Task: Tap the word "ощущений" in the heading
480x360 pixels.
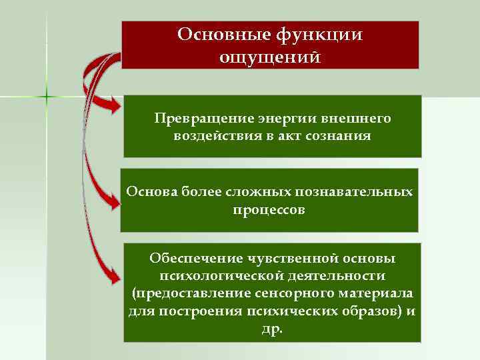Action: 269,57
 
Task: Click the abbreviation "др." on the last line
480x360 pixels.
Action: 271,329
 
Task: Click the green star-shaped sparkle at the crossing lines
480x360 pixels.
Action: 47,97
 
